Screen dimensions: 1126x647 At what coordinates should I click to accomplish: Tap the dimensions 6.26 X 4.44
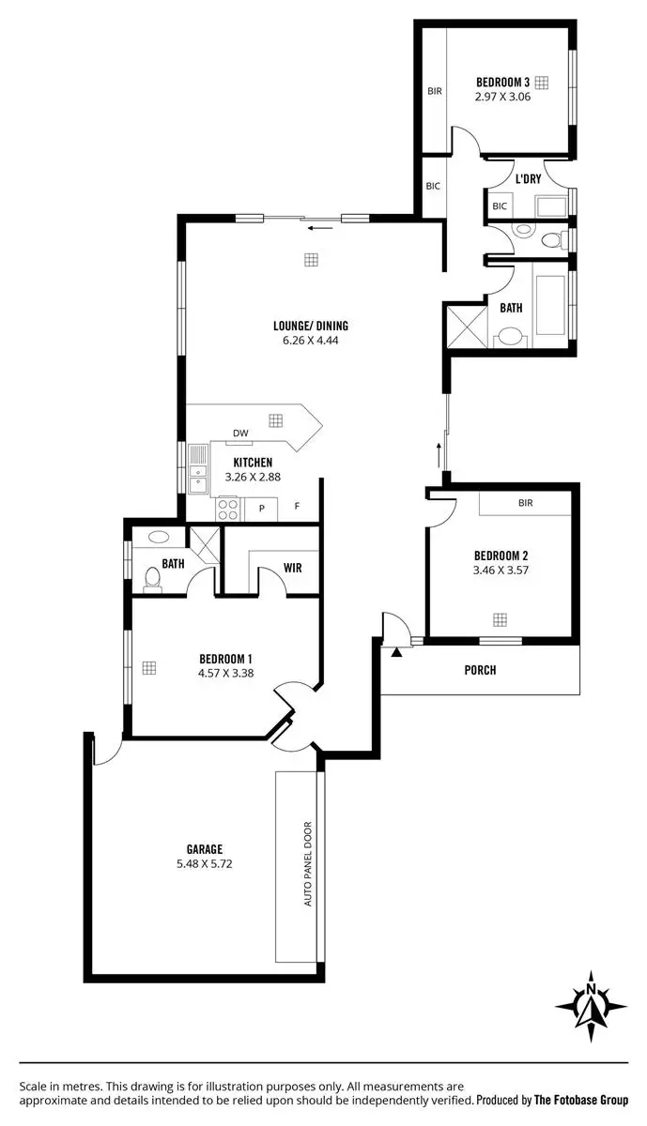pos(310,341)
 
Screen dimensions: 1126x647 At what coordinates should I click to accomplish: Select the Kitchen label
pos(253,463)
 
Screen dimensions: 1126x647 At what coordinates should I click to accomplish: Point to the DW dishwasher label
pos(240,433)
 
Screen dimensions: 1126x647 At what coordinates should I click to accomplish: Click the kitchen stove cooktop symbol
pos(227,509)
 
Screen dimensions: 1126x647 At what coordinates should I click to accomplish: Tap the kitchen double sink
pos(197,470)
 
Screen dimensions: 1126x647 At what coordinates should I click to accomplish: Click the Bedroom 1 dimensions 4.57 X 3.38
pos(226,672)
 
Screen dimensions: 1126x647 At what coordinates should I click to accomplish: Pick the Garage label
pos(204,849)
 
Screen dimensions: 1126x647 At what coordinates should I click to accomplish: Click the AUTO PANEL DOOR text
pos(307,863)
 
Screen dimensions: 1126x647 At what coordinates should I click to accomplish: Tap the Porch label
pos(480,670)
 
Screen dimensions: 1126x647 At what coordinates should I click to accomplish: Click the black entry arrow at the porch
pos(397,650)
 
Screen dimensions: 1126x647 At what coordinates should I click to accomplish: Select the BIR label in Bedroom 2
pos(525,503)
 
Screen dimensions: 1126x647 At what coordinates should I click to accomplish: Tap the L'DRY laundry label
pos(528,178)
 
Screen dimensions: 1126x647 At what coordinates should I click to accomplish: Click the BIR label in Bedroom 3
pos(434,91)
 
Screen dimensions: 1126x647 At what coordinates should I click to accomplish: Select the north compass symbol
pos(591,1006)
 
